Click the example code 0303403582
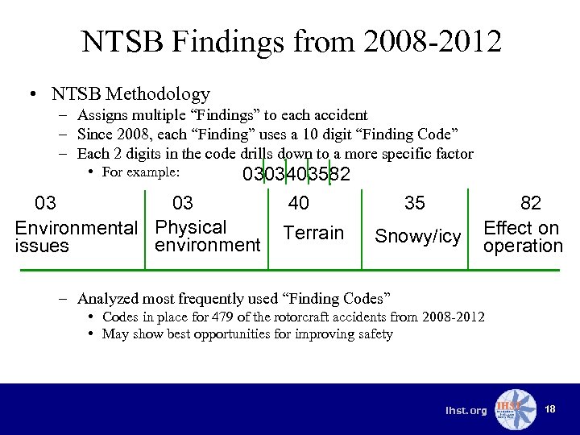pos(296,174)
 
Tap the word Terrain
pos(313,234)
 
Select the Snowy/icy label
pos(417,236)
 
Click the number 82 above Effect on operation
pos(531,204)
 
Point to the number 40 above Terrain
pos(298,204)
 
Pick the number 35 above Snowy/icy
pos(415,204)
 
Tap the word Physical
pos(191,227)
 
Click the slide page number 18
pos(550,410)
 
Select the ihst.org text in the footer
pos(466,411)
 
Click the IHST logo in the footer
pos(514,409)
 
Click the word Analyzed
pos(109,298)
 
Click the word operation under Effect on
pos(523,246)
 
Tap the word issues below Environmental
pos(42,246)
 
